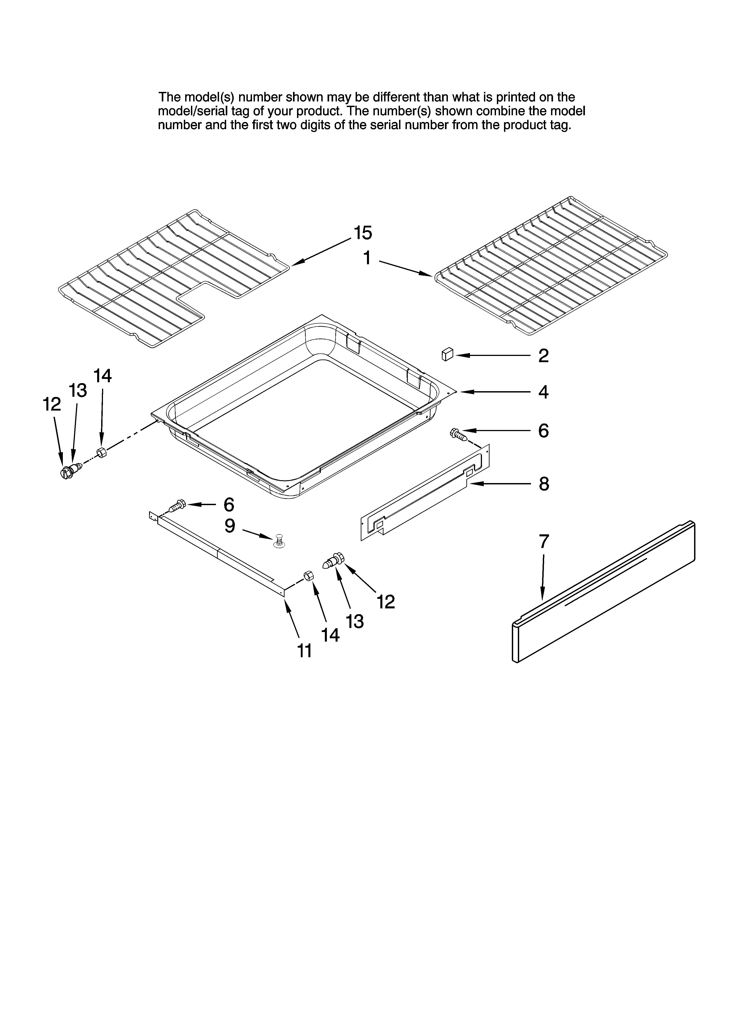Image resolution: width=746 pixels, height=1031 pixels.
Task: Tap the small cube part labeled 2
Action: [x=447, y=354]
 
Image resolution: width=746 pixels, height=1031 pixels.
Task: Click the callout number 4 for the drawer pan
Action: [x=543, y=392]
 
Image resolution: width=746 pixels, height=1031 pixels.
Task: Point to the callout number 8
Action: [x=544, y=484]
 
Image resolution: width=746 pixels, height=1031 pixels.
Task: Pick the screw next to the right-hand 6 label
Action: [x=458, y=434]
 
